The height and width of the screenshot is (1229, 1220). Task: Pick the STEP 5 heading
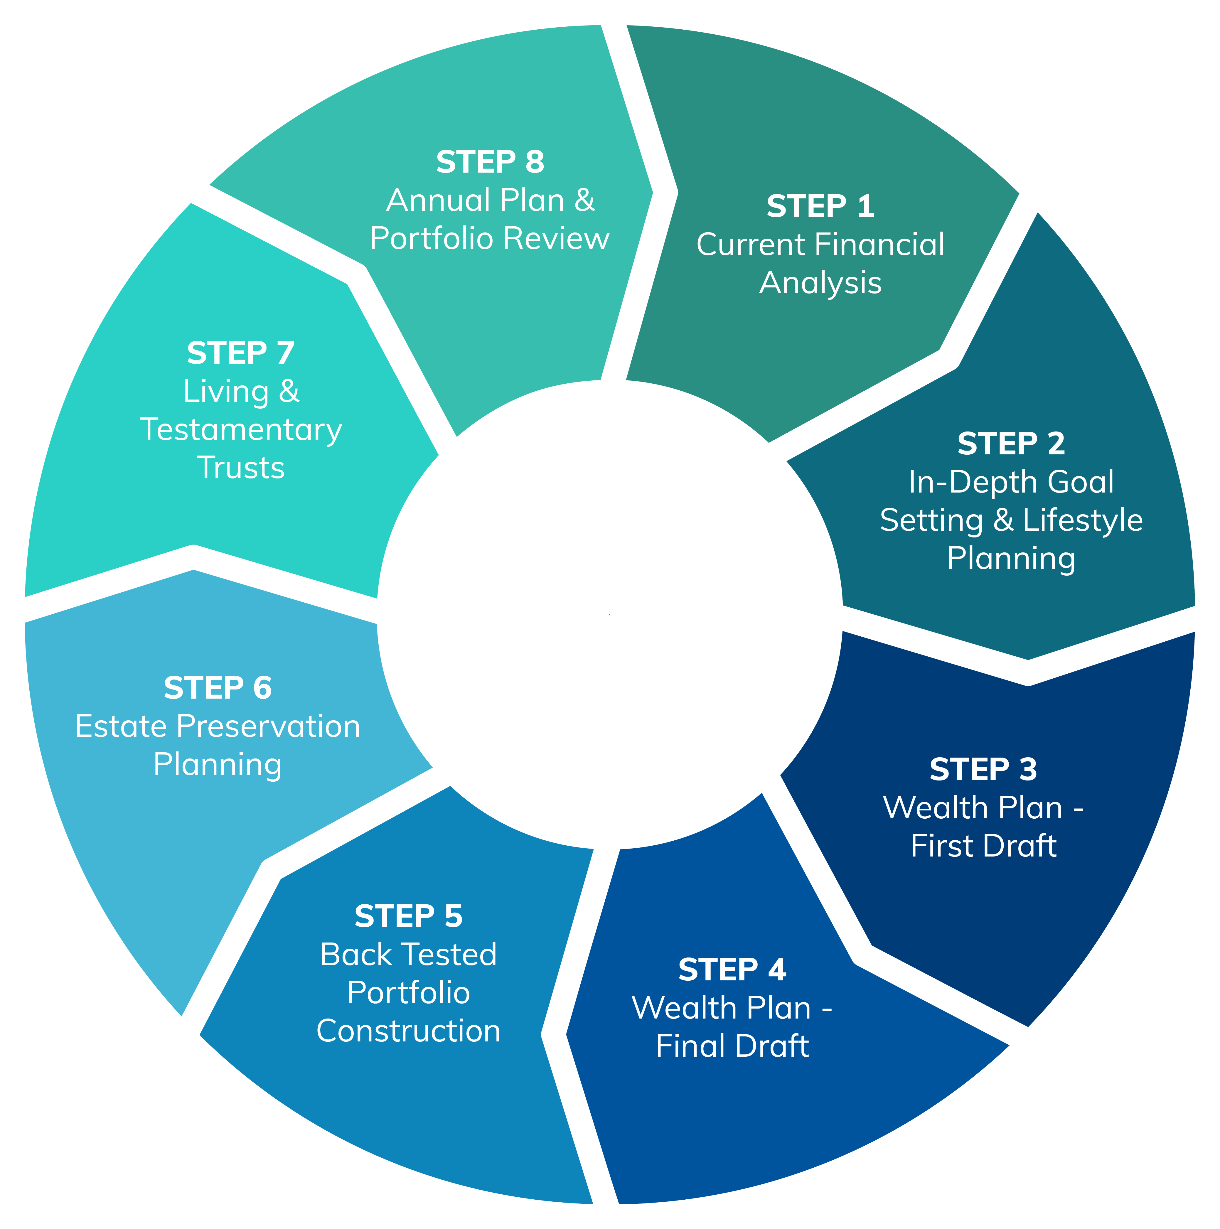click(408, 917)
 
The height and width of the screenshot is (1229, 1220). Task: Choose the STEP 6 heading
click(218, 688)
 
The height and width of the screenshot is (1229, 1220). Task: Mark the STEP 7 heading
click(240, 353)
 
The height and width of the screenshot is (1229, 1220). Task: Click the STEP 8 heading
click(490, 162)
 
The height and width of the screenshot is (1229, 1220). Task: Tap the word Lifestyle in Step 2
click(1083, 520)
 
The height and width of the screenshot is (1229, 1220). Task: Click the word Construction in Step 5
click(408, 1031)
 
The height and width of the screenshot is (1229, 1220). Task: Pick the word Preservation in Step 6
click(268, 726)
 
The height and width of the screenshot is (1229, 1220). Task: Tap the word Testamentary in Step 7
click(240, 430)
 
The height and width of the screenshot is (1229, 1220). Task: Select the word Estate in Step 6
click(121, 726)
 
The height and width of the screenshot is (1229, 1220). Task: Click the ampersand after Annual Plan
click(584, 200)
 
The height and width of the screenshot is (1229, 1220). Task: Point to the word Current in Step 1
click(751, 245)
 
